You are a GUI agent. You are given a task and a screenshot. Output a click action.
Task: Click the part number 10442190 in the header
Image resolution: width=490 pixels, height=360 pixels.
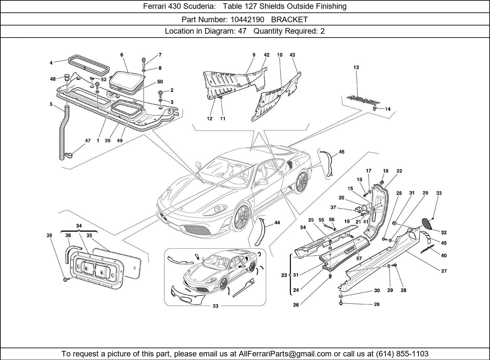click(x=247, y=20)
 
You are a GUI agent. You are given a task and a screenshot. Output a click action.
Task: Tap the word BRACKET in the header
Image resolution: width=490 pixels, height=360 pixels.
click(x=289, y=20)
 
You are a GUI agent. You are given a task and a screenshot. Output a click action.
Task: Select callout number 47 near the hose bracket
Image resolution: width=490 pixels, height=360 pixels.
click(x=88, y=140)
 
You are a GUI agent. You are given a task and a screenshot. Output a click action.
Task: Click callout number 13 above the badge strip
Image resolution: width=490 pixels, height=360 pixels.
click(x=356, y=67)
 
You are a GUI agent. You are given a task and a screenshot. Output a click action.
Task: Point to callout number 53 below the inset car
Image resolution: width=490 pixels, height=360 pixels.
click(x=215, y=306)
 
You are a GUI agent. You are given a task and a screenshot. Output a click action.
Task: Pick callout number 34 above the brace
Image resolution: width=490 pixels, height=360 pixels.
click(x=79, y=226)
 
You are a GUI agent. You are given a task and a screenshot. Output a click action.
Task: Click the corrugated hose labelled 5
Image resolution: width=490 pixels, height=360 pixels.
click(x=65, y=131)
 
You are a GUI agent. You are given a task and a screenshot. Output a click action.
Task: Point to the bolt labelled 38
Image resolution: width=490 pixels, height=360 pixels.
click(x=65, y=280)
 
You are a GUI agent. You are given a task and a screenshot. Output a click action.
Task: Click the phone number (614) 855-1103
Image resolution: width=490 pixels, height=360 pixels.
click(x=402, y=354)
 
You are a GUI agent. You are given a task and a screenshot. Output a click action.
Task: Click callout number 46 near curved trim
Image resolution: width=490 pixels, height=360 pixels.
click(x=342, y=152)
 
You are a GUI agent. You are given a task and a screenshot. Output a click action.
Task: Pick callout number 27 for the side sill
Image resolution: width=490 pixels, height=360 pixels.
click(x=444, y=271)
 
